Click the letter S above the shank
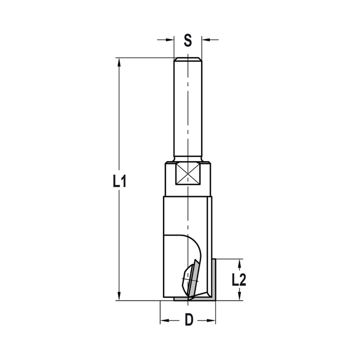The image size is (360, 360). [x=188, y=40]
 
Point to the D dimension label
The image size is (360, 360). [x=189, y=320]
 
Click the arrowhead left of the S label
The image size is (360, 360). [x=171, y=40]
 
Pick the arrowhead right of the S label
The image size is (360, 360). [x=205, y=40]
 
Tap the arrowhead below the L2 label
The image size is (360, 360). [x=239, y=296]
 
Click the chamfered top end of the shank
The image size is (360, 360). [x=188, y=59]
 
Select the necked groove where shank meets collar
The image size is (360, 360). [x=188, y=159]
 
